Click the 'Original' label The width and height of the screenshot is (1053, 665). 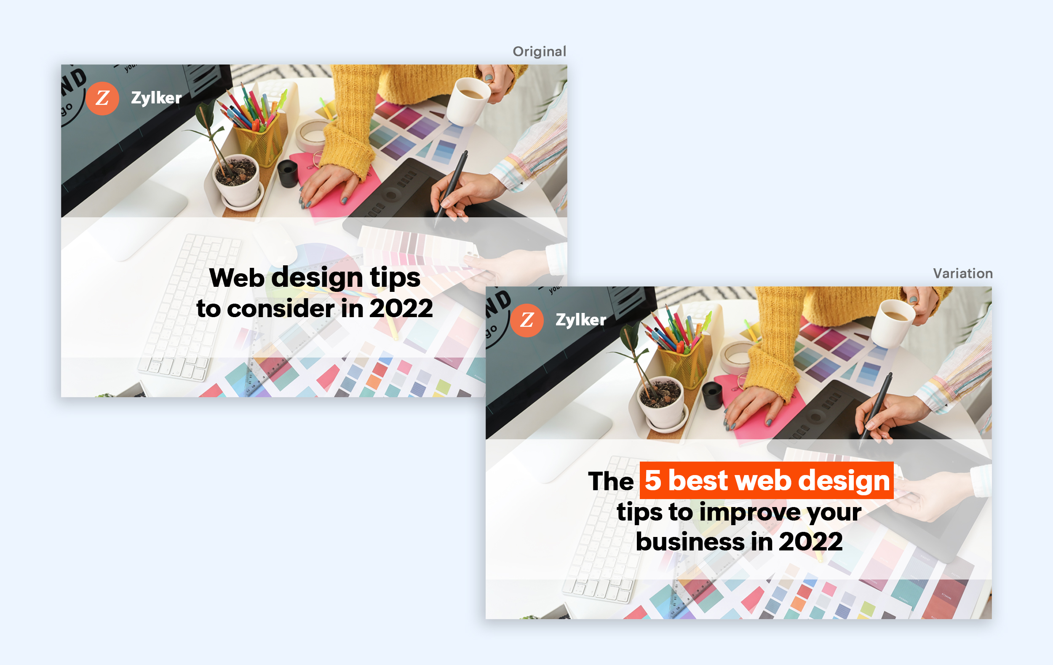click(x=539, y=51)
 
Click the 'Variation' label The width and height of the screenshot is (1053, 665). click(x=963, y=274)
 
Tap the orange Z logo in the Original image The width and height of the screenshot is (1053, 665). click(x=102, y=99)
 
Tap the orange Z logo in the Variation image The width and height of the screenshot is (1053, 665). click(x=527, y=320)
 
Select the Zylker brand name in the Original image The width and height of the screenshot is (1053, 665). click(x=156, y=98)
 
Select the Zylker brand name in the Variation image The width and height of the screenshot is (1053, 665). click(x=581, y=320)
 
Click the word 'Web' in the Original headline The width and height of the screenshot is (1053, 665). click(x=237, y=278)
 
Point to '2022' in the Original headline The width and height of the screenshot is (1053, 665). click(x=401, y=309)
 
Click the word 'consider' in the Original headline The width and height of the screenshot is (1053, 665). click(x=281, y=308)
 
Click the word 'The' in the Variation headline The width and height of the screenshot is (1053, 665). click(x=610, y=481)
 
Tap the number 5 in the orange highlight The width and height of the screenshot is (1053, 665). click(x=653, y=481)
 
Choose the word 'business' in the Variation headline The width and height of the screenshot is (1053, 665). click(x=690, y=542)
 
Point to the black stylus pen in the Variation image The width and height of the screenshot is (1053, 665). click(x=874, y=411)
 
